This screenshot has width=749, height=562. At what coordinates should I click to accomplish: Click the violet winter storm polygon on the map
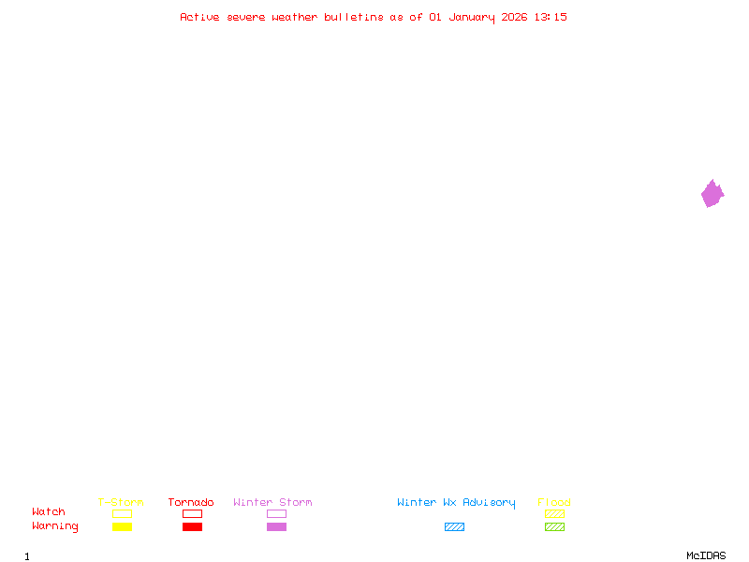pyautogui.click(x=712, y=194)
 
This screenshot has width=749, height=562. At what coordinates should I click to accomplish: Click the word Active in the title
pyautogui.click(x=199, y=17)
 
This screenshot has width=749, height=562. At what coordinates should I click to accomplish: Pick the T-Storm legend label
pyautogui.click(x=121, y=502)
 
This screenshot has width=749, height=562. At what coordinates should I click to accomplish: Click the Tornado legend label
pyautogui.click(x=191, y=502)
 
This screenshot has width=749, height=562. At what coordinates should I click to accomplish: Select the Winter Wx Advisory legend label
pyautogui.click(x=456, y=502)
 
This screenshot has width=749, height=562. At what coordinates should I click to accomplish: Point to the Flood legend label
pyautogui.click(x=554, y=502)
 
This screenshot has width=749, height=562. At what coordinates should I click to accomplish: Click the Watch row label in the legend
pyautogui.click(x=49, y=512)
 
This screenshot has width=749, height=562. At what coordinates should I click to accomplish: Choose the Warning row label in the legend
pyautogui.click(x=55, y=526)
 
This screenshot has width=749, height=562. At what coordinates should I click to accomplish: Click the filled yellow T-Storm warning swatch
pyautogui.click(x=122, y=527)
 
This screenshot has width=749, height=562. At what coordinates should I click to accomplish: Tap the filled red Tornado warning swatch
pyautogui.click(x=192, y=527)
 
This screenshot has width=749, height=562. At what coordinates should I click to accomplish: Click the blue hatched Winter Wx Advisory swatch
pyautogui.click(x=454, y=527)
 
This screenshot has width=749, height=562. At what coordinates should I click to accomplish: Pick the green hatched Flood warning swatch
pyautogui.click(x=554, y=527)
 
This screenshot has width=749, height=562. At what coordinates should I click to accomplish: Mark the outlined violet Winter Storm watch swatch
pyautogui.click(x=276, y=514)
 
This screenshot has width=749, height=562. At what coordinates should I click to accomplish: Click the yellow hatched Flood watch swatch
pyautogui.click(x=554, y=514)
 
